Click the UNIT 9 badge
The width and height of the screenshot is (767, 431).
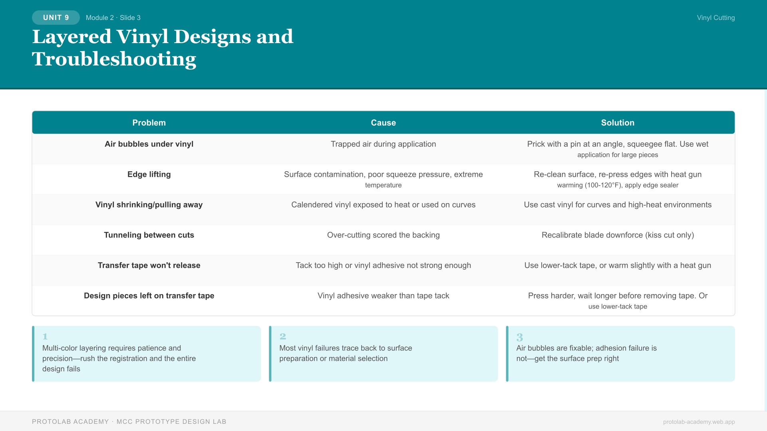point(56,18)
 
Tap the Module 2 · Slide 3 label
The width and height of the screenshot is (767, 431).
point(113,18)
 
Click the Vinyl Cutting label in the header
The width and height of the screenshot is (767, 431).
point(715,18)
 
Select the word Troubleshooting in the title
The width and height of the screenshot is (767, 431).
point(114,59)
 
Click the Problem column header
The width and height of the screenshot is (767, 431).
point(149,123)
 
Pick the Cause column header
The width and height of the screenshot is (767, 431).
point(383,123)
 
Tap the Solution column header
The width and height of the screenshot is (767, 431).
point(618,123)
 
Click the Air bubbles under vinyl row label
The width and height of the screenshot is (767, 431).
point(149,144)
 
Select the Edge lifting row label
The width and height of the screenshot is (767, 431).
point(149,174)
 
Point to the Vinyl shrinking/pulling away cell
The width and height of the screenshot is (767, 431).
point(149,205)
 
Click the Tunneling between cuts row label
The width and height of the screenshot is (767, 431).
point(149,235)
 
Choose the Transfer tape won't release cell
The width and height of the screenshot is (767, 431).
point(149,265)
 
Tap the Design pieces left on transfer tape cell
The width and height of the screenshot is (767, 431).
point(149,296)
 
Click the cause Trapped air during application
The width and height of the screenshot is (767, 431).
point(383,144)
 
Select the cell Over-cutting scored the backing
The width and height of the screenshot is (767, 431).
point(383,235)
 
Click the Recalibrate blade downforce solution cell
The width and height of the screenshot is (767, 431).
point(618,235)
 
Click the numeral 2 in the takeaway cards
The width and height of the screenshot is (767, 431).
point(283,336)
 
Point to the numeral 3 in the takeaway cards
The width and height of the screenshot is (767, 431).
point(519,337)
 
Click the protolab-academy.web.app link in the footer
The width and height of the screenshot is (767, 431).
point(699,422)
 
